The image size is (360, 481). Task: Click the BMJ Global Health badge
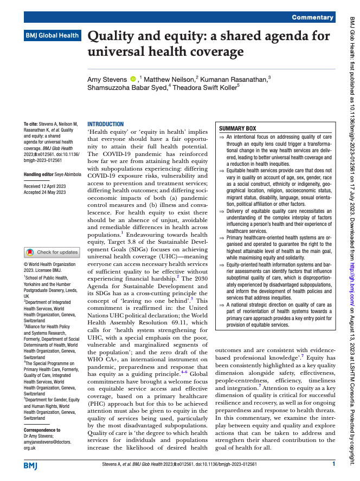click(52, 36)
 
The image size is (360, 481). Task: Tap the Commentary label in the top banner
click(312, 17)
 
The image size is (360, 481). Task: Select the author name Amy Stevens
click(107, 80)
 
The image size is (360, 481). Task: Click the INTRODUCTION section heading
click(106, 124)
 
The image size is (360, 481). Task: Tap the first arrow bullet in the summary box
click(221, 138)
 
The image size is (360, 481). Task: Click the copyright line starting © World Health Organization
click(50, 264)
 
